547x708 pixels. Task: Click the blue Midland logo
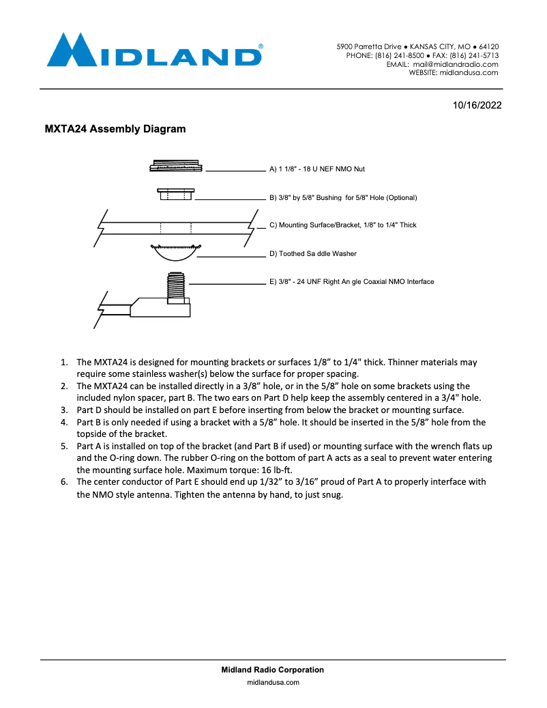pos(155,51)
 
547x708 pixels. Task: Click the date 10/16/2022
pos(477,105)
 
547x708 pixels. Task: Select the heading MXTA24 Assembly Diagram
pos(115,129)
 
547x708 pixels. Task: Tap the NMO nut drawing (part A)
pos(176,166)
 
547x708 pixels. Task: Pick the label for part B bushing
pos(343,197)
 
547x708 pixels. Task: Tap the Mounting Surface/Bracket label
pos(342,225)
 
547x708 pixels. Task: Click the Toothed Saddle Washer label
pos(313,253)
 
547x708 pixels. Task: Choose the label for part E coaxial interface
pos(351,281)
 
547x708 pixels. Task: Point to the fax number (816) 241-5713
pos(474,55)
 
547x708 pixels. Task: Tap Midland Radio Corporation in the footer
pos(273,670)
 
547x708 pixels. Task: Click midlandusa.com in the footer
pos(273,681)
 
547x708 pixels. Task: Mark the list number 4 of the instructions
pos(65,422)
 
